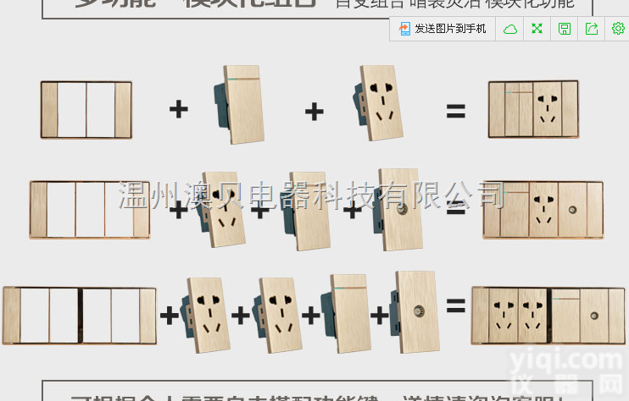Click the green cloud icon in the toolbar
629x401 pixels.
[510, 29]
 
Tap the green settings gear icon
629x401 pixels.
[618, 29]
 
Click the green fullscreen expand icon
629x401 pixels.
[537, 29]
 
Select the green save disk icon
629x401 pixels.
[565, 29]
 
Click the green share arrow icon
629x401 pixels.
[592, 29]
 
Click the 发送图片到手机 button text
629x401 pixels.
[450, 29]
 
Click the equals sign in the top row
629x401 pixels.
[456, 110]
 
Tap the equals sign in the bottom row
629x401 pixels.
[456, 306]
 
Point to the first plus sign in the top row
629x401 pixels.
[178, 109]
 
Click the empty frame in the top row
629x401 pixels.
[86, 110]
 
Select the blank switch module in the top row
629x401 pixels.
[242, 105]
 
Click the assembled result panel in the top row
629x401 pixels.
[533, 109]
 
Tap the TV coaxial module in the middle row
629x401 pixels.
[400, 209]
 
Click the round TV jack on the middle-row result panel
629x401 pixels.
[573, 209]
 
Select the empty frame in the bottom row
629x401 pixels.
[80, 316]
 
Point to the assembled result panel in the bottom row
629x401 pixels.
[548, 315]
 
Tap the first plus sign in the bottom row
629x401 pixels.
[170, 315]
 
